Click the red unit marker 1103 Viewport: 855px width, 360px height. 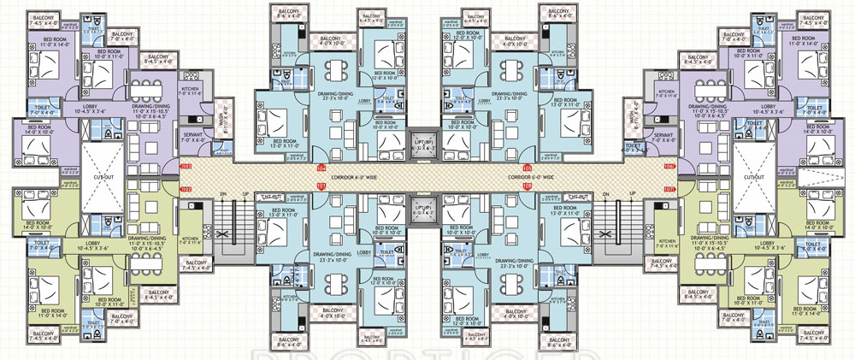pyautogui.click(x=186, y=166)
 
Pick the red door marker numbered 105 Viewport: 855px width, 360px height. pyautogui.click(x=528, y=167)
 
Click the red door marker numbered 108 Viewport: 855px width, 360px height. pyautogui.click(x=528, y=186)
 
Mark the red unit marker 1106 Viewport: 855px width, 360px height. pyautogui.click(x=669, y=166)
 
